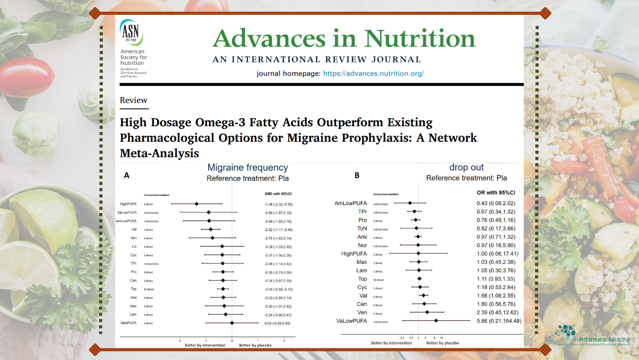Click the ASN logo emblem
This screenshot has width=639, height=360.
[131, 32]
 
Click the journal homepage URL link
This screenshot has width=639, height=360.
[373, 73]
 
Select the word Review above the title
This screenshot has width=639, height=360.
[133, 100]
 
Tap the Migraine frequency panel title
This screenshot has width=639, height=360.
[247, 168]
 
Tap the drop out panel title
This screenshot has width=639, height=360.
[466, 167]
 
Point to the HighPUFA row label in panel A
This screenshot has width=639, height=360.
[128, 204]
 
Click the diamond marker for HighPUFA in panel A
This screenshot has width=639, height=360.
[197, 204]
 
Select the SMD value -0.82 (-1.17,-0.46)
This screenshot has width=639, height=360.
[278, 230]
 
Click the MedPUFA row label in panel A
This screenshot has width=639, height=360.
[129, 323]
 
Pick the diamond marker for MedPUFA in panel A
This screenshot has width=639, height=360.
[232, 323]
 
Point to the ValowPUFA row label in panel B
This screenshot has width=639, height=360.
[351, 321]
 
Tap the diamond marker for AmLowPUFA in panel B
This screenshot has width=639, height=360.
[410, 203]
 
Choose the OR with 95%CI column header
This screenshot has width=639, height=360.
[496, 192]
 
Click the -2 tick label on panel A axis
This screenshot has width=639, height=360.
[180, 341]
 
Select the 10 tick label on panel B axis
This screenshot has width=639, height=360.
[441, 338]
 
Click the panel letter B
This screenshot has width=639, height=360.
[357, 175]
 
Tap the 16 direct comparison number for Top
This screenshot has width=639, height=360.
[378, 280]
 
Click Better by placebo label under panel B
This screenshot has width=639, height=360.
[443, 343]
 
